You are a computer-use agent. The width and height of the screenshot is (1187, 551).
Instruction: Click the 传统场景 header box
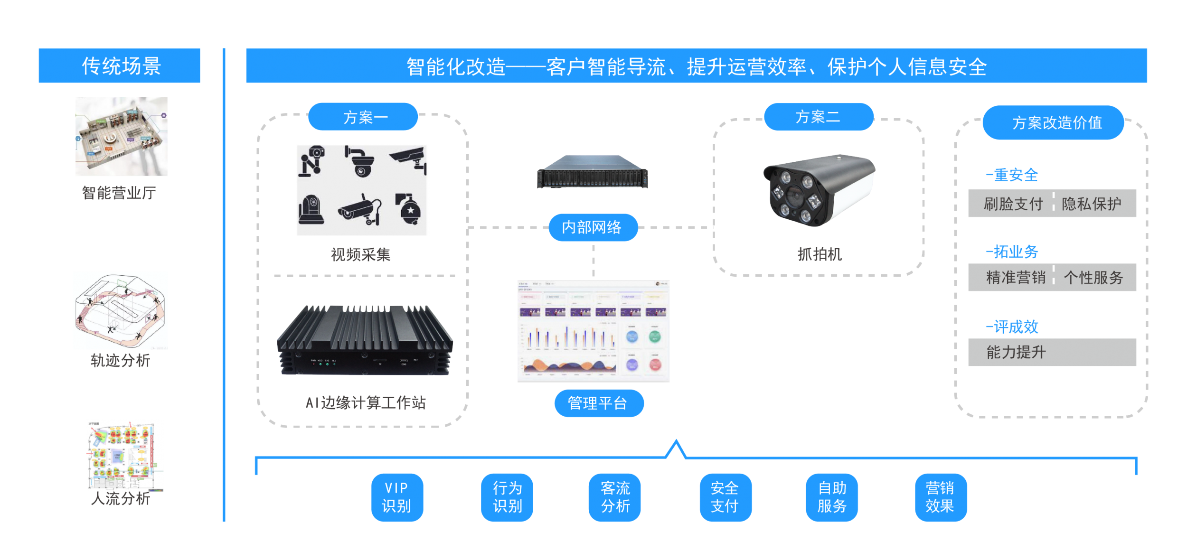coord(119,66)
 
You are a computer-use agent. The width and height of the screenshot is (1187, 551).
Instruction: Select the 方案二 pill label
coord(819,117)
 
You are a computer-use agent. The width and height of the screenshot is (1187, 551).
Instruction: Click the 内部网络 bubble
coord(593,227)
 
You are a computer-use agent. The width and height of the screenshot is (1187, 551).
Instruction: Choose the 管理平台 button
coord(599,403)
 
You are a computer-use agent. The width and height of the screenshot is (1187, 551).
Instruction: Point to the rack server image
coord(593,172)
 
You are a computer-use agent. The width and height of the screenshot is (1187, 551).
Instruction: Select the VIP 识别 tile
coord(397,497)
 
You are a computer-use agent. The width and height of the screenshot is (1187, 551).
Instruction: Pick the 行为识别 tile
coord(507,497)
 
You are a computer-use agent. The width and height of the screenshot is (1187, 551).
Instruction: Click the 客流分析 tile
coord(615,497)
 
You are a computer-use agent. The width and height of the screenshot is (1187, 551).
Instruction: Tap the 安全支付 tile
coord(725,497)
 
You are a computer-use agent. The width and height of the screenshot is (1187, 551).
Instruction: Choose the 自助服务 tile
coord(832,497)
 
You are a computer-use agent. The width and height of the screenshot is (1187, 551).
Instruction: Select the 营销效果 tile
coord(941,497)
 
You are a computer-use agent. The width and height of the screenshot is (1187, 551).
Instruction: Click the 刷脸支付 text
coord(1013,204)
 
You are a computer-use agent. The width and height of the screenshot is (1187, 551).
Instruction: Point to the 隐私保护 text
coord(1091,204)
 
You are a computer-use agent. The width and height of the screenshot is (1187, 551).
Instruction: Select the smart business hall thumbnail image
coord(122,137)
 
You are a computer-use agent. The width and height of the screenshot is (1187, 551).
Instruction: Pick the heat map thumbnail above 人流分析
coord(125,455)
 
